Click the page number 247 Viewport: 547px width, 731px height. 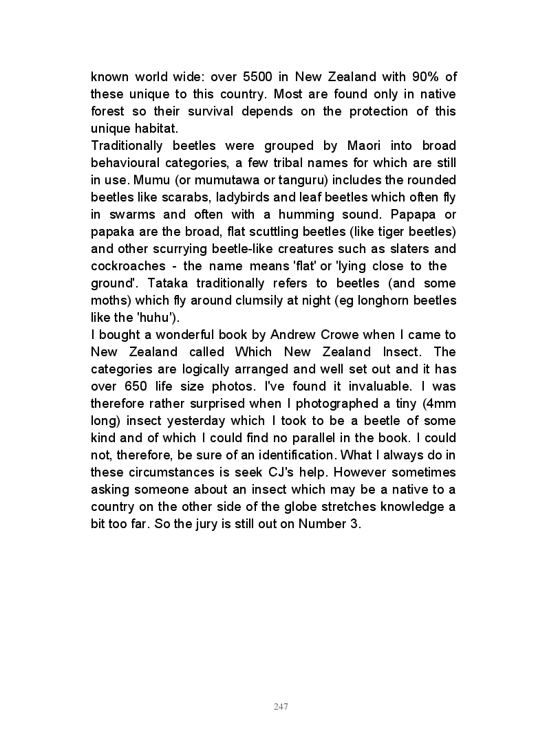point(280,707)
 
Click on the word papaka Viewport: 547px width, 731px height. point(112,231)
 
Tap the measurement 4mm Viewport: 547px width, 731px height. point(440,403)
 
